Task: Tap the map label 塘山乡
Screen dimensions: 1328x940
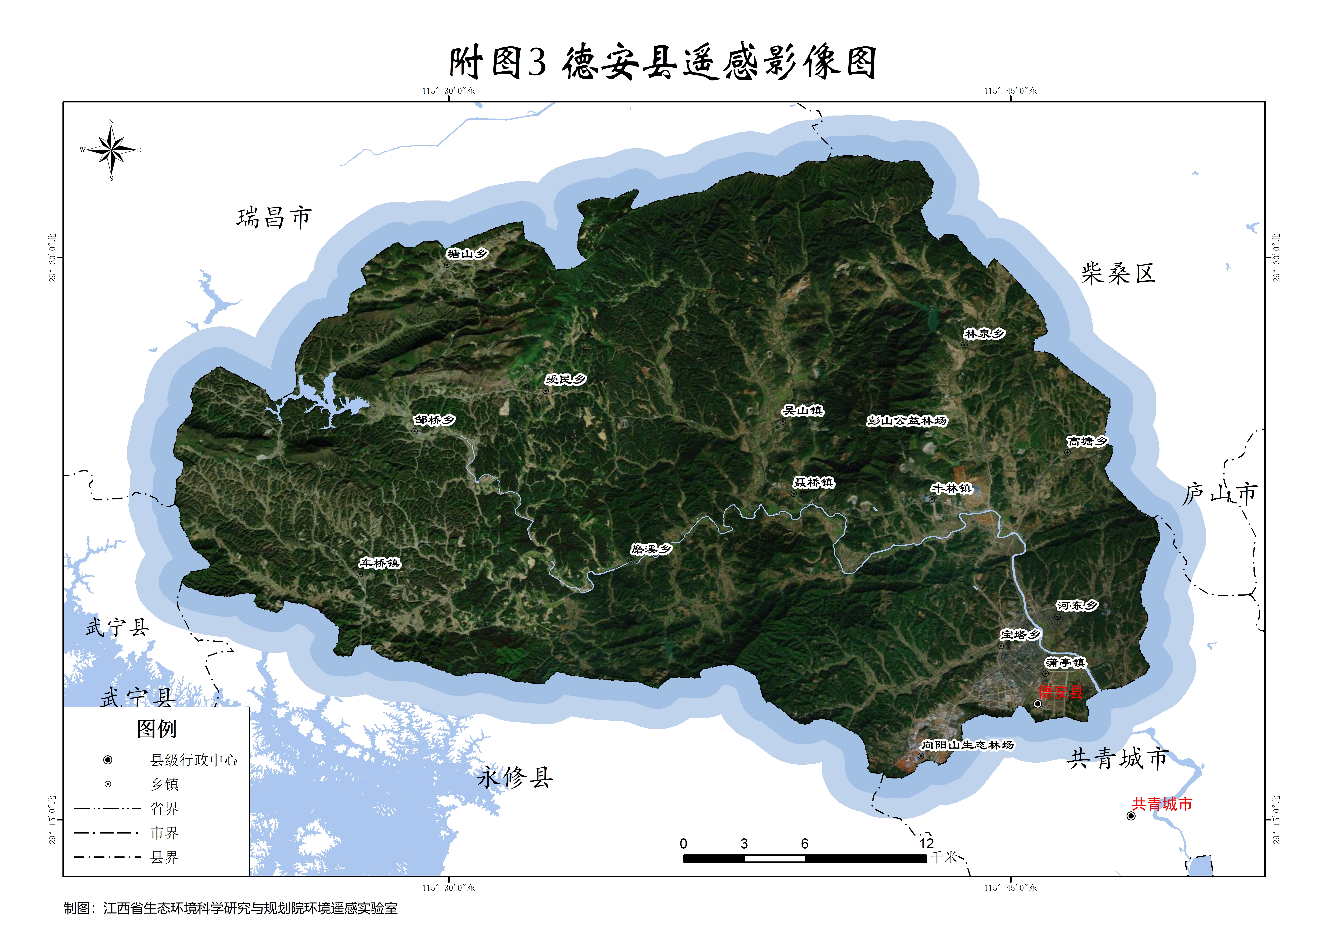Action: point(467,254)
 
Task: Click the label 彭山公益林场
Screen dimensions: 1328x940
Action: point(907,421)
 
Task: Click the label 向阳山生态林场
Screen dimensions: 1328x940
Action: point(967,745)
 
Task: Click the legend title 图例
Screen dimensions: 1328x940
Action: point(156,729)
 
